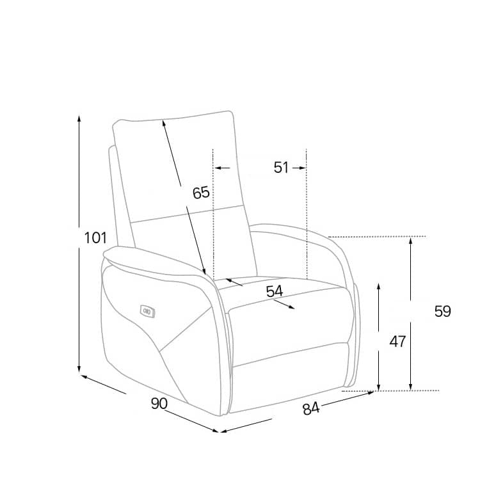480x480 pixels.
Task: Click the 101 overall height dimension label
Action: (x=95, y=238)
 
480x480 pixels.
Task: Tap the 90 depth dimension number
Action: (x=159, y=403)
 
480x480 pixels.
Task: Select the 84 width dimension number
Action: (x=311, y=409)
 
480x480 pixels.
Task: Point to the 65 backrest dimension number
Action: (x=201, y=193)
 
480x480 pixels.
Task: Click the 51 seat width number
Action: (x=281, y=168)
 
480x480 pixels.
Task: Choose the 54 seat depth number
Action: (x=275, y=291)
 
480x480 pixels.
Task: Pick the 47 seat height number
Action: (x=397, y=341)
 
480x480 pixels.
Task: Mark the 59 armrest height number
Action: (x=443, y=311)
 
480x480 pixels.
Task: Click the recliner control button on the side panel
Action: (x=148, y=312)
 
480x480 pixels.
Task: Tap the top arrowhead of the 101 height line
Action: (x=79, y=118)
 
